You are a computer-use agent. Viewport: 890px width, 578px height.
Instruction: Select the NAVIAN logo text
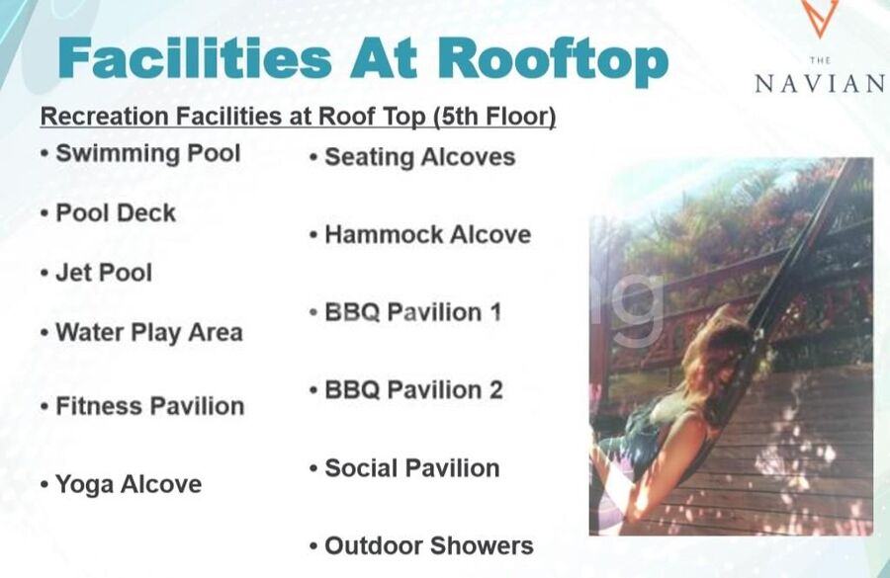[x=820, y=84]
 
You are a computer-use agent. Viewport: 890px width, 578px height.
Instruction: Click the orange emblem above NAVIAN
[x=820, y=17]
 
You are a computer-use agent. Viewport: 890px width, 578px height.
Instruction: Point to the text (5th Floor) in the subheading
[x=494, y=117]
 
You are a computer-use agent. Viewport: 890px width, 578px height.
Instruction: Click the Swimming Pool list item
[x=148, y=154]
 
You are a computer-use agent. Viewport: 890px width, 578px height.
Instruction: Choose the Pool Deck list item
[x=116, y=213]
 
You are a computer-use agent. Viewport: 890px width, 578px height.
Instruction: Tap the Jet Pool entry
[x=104, y=273]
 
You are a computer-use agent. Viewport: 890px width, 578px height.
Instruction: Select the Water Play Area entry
[x=149, y=333]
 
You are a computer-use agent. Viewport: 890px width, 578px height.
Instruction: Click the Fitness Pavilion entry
[x=150, y=407]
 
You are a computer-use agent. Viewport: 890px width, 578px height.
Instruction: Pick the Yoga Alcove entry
[x=129, y=484]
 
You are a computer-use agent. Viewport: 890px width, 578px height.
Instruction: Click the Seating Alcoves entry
[x=420, y=158]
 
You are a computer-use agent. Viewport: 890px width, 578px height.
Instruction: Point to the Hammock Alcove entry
[x=428, y=235]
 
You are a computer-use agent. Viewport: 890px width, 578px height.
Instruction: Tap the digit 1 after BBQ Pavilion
[x=495, y=312]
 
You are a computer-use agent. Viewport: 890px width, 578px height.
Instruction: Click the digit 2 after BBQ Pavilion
[x=495, y=390]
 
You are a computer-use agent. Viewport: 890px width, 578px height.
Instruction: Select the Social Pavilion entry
[x=412, y=468]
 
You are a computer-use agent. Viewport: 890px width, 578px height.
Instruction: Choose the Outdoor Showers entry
[x=429, y=546]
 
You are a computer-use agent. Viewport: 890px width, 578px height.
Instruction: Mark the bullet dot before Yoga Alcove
[x=44, y=485]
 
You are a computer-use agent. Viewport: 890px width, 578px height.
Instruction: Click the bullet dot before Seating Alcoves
[x=313, y=157]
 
